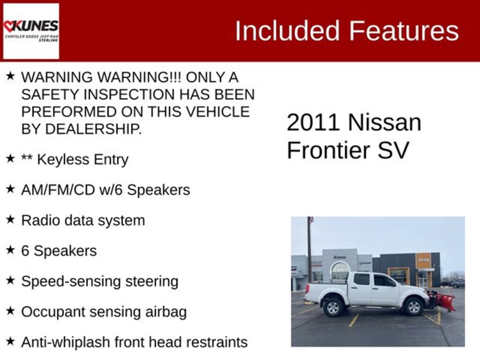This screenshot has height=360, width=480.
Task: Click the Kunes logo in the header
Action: pos(31,31)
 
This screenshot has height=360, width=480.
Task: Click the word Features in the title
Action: pos(404,31)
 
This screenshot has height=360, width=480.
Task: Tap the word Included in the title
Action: pos(287,31)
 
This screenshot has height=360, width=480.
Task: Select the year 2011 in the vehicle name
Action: pos(313,123)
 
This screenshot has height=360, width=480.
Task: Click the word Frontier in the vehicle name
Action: pos(328,151)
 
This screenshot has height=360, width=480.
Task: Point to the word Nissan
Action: pos(384,123)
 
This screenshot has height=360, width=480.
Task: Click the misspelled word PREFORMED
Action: pos(60,112)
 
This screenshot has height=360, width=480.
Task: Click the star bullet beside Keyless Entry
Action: pos(10,158)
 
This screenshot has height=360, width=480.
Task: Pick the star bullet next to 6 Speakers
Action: pos(10,250)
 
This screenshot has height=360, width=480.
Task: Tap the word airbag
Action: pos(165,312)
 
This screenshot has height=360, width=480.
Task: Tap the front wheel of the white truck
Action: pos(413,306)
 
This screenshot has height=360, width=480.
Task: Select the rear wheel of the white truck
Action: pos(333,307)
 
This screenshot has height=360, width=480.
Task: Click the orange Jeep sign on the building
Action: pos(423,260)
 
